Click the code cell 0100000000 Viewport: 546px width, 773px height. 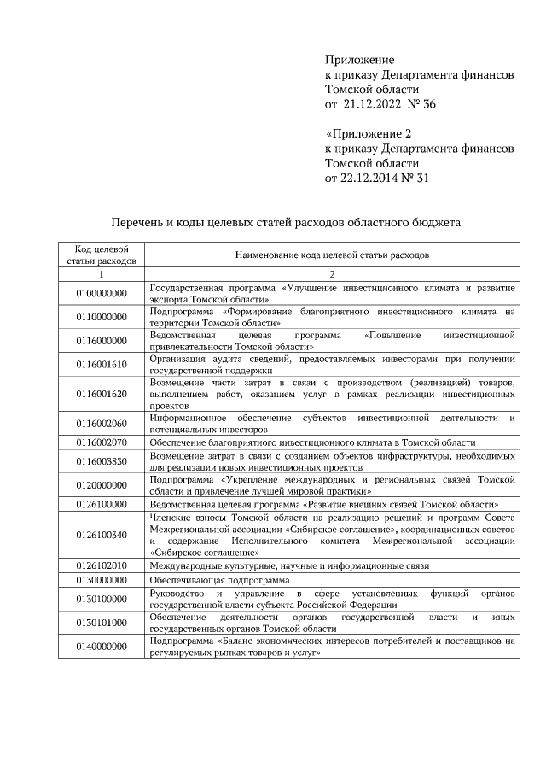(x=101, y=293)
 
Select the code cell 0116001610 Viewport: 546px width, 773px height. (x=101, y=365)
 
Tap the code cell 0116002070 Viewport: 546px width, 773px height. (x=101, y=442)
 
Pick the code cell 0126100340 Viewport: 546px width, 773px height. (x=101, y=535)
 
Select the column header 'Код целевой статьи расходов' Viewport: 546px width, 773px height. (x=101, y=254)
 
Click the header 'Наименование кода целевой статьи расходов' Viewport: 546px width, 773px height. (x=332, y=255)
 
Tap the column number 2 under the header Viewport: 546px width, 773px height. (x=332, y=274)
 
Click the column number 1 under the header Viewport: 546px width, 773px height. (x=101, y=274)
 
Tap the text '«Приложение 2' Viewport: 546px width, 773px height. (x=369, y=134)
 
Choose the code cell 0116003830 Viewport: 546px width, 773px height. (x=101, y=462)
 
